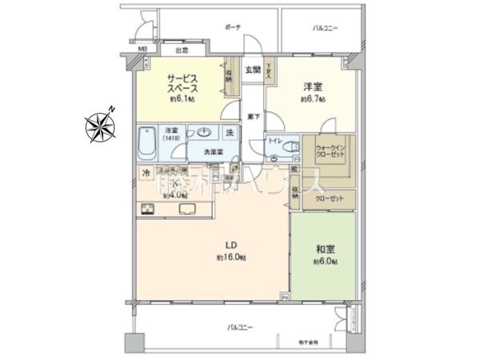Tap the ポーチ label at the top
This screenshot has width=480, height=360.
point(234,26)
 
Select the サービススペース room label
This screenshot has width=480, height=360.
point(182,83)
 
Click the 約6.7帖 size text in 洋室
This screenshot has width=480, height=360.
point(313,100)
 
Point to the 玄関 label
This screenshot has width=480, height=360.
point(253,70)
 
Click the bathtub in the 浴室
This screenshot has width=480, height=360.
point(149,142)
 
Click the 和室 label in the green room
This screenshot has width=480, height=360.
point(326,249)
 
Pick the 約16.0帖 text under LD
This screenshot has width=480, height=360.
point(230,258)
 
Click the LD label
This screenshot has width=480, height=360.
point(230,245)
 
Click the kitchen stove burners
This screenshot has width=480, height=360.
point(148,209)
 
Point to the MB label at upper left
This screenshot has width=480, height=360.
point(142,50)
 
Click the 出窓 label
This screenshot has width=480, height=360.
point(180,50)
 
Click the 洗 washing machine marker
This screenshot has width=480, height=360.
point(228,132)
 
